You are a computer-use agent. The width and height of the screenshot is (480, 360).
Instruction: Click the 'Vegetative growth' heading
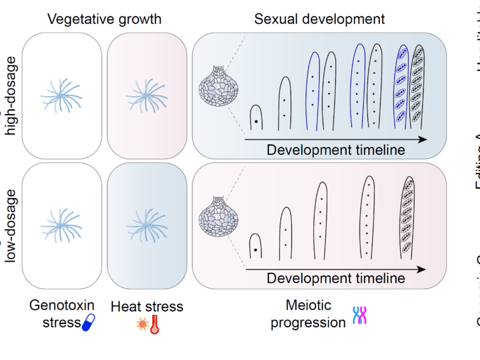click(104, 19)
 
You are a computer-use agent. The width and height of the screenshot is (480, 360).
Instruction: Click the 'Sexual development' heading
click(319, 19)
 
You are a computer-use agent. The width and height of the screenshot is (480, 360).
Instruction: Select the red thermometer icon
click(154, 324)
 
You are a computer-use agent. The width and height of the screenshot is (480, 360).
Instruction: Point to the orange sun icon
click(142, 325)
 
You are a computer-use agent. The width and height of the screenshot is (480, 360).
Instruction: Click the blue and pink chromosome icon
click(360, 316)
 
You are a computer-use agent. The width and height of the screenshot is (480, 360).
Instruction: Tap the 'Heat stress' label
click(147, 306)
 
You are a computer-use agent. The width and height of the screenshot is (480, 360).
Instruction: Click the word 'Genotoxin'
click(62, 305)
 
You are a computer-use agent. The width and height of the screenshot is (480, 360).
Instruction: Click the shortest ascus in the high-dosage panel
click(256, 117)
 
